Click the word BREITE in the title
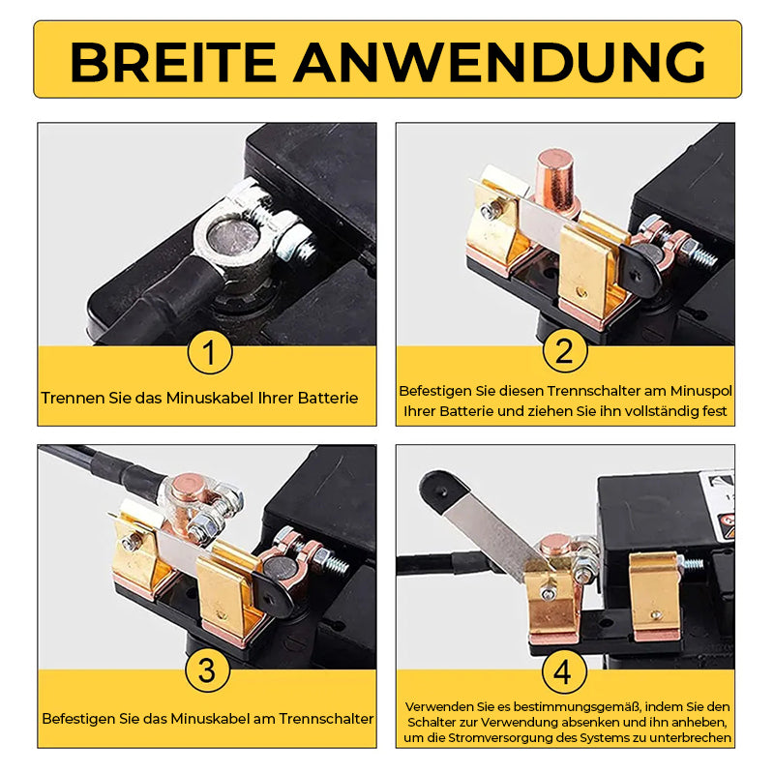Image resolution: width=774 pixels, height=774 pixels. [173, 62]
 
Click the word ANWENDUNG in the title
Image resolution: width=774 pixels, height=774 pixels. [499, 62]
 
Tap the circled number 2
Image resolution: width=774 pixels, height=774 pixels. [565, 350]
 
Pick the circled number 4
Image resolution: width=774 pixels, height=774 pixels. [564, 671]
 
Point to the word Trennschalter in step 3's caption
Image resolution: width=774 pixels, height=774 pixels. [326, 719]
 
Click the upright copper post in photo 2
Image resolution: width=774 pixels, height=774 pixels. [554, 183]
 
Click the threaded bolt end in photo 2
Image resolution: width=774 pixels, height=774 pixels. [704, 256]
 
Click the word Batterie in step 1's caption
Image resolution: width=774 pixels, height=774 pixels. [328, 398]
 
